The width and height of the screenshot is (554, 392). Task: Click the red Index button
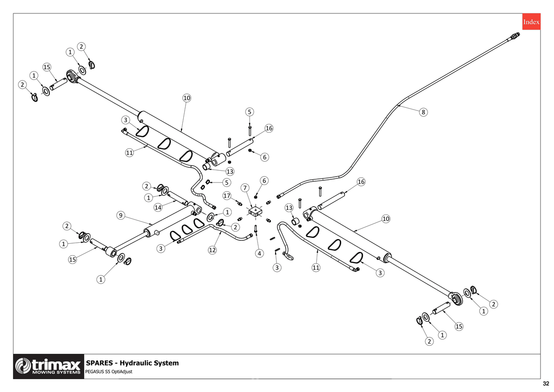(531, 22)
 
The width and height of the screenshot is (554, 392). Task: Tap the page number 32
(546, 384)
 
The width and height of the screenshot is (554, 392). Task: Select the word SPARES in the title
(99, 363)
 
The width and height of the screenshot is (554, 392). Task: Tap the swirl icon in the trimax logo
(23, 366)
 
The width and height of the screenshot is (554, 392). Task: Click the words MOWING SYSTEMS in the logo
(56, 372)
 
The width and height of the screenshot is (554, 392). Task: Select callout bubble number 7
(245, 188)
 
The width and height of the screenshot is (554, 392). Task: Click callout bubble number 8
(423, 112)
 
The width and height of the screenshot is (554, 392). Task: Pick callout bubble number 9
(120, 215)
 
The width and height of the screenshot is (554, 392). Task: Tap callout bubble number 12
(212, 250)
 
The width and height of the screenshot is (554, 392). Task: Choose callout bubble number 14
(158, 207)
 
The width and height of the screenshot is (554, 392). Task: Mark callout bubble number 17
(227, 196)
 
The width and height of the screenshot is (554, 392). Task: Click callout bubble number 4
(259, 253)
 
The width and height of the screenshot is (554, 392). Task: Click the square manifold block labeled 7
(255, 211)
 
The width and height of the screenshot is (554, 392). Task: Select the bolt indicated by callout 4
(256, 228)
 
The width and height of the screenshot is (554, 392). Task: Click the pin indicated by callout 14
(177, 198)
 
